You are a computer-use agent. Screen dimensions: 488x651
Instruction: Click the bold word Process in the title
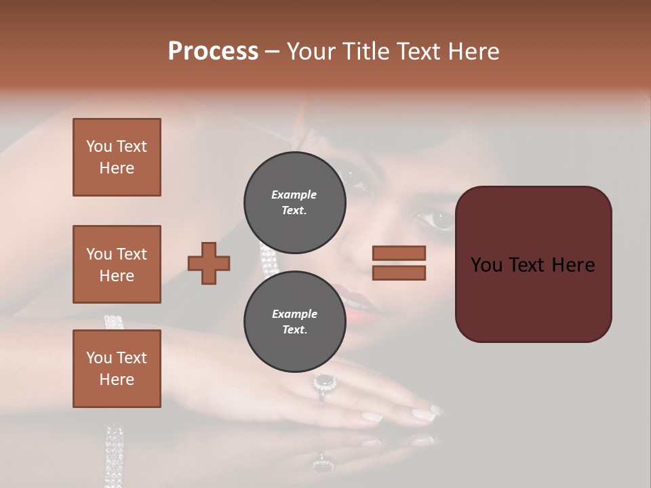[x=213, y=51]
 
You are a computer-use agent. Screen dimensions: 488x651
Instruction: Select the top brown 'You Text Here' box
[x=117, y=157]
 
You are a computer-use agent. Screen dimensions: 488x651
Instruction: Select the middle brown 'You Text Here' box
[x=117, y=264]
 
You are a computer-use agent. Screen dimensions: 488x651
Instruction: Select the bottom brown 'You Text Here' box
[x=117, y=369]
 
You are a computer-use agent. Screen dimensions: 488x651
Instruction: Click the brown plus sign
[x=209, y=263]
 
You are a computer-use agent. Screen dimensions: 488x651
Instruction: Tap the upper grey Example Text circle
[x=294, y=202]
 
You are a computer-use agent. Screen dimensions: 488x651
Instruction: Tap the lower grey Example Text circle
[x=294, y=321]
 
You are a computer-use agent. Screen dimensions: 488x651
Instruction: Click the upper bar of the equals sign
[x=399, y=253]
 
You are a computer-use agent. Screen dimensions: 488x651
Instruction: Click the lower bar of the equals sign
[x=399, y=272]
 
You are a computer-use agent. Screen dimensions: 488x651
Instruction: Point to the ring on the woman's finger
[x=324, y=384]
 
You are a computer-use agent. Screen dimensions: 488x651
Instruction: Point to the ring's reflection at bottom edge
[x=324, y=465]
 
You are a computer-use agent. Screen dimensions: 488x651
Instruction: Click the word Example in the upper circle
[x=294, y=195]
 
